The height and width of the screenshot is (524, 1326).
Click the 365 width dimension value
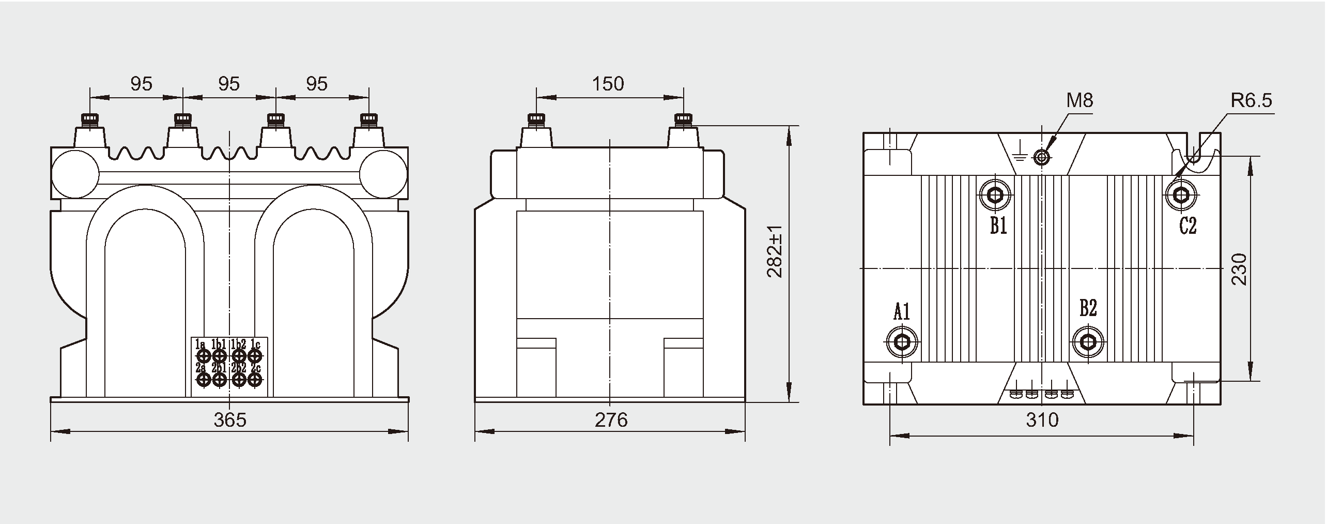pyautogui.click(x=230, y=420)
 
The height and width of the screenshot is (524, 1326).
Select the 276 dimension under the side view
pyautogui.click(x=611, y=420)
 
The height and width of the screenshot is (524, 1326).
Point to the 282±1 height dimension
pyautogui.click(x=775, y=251)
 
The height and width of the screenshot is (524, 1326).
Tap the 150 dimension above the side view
pyautogui.click(x=608, y=83)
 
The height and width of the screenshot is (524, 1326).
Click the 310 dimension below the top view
pyautogui.click(x=1042, y=420)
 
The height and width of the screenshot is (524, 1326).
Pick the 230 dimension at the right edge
pyautogui.click(x=1239, y=269)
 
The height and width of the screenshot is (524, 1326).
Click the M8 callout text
pyautogui.click(x=1080, y=100)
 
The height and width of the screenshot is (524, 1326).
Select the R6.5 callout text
pyautogui.click(x=1251, y=100)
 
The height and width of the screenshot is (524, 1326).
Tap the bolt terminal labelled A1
pyautogui.click(x=902, y=341)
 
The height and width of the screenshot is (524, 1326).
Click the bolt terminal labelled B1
pyautogui.click(x=995, y=195)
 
